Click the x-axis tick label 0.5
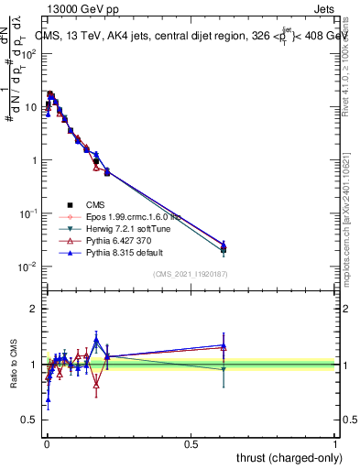[191, 442]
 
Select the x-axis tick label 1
[335, 442]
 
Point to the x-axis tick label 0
[46, 442]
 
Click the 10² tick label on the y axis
[29, 53]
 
